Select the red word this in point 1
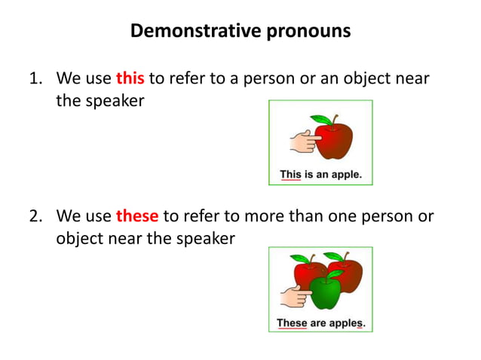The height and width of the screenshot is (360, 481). tap(130, 79)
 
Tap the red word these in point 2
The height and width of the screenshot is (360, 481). tap(136, 216)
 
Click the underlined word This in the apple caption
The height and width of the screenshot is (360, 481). tap(290, 175)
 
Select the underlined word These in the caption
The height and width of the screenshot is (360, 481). tap(292, 323)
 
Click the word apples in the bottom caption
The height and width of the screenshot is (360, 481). tap(346, 323)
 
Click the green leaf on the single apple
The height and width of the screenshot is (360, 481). tap(322, 120)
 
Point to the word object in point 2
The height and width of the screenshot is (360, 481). tap(81, 237)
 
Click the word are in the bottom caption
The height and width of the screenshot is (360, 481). tap(318, 323)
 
